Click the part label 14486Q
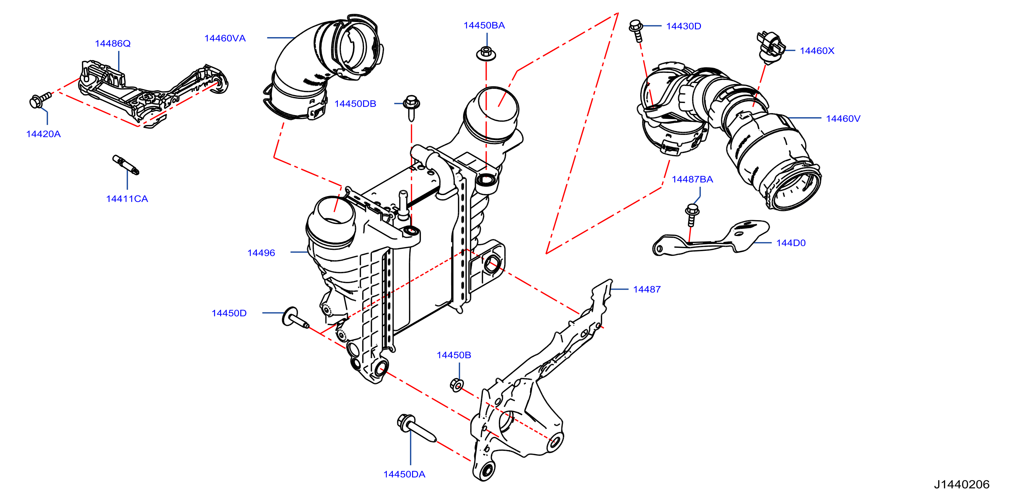tap(113, 43)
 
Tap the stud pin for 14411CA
tap(126, 165)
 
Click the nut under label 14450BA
tap(486, 54)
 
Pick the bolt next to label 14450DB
tap(411, 107)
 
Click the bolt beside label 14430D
tap(637, 30)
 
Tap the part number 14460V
tap(843, 118)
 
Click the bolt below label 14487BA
tap(692, 215)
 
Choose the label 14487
tap(647, 289)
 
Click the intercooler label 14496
tap(261, 253)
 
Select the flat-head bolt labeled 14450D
tap(295, 318)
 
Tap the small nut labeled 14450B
tap(457, 385)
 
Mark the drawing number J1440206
tap(962, 484)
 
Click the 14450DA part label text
tap(404, 474)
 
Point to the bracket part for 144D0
tap(711, 238)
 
